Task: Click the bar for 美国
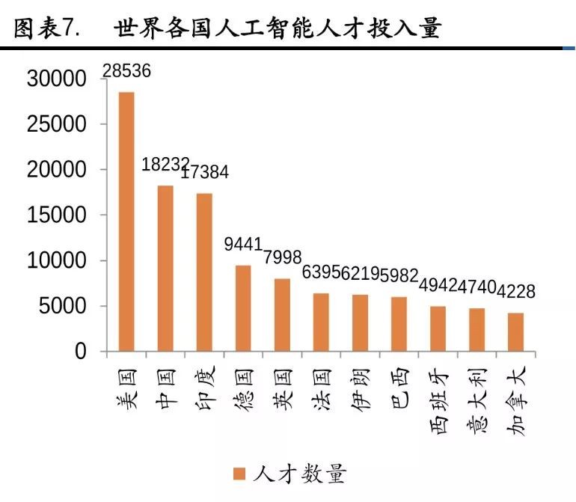coord(126,221)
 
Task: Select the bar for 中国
coord(165,268)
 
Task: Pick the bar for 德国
coord(243,308)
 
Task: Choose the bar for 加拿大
coord(515,332)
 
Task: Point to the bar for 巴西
coord(399,324)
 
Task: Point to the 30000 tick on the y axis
coord(57,79)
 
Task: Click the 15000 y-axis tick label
coord(57,215)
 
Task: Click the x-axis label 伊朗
coord(360,393)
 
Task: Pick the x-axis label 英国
coord(282,393)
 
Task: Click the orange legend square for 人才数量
coord(239,474)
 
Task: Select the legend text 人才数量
coord(299,474)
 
